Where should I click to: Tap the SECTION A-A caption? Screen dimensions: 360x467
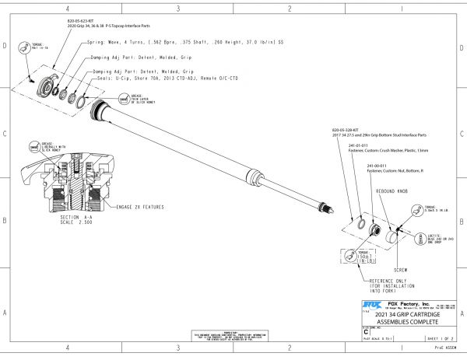(x=63, y=217)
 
